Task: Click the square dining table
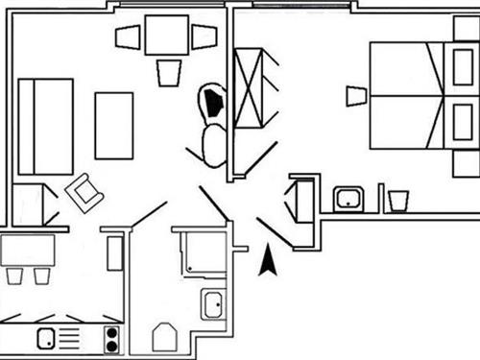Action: (167, 36)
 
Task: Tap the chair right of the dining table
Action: (204, 37)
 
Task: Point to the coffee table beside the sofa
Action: (114, 124)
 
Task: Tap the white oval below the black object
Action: (213, 145)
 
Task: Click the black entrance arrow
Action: (267, 260)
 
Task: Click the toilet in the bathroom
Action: (166, 337)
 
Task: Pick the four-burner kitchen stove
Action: (111, 338)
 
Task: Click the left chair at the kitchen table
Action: (15, 276)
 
